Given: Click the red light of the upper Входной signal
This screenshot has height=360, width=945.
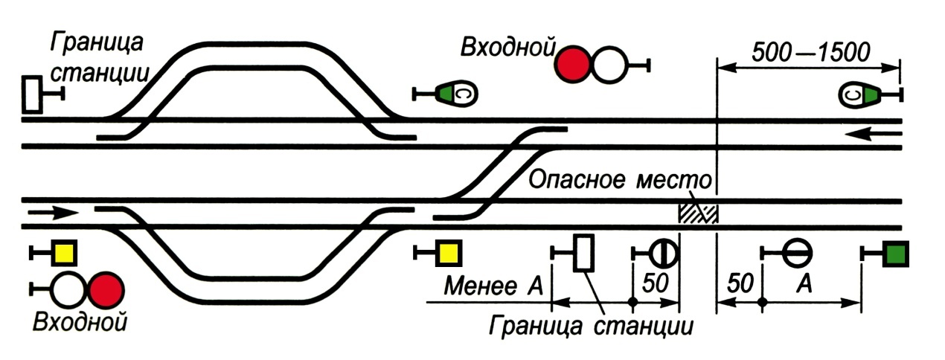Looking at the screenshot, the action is pos(572,65).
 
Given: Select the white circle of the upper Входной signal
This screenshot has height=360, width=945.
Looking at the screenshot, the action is pos(609,65).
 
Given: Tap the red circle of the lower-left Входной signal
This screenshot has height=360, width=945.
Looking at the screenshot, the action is pos(106,290).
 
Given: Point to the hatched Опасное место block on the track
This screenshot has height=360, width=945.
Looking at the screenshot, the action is pos(698,213).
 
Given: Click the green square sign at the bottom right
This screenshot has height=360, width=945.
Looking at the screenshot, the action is pos(896,254).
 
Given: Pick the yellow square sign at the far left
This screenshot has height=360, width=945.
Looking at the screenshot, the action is pos(64,253).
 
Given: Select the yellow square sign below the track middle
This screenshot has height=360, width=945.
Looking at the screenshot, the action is pos(449,253).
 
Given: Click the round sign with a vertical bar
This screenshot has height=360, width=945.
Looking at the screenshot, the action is pos(664,254).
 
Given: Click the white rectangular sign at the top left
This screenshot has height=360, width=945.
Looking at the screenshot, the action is pos(32,94).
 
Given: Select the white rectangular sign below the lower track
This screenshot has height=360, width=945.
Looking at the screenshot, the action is pos(584,253).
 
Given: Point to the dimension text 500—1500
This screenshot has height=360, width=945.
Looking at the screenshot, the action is pos(810,52).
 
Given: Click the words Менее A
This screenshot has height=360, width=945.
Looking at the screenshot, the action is pos(493,286).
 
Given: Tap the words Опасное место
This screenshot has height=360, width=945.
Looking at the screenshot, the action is pos(620,180).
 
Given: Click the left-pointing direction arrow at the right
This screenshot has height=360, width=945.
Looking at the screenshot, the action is pos(874,135).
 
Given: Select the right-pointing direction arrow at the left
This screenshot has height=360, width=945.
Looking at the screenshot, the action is pos(54,212).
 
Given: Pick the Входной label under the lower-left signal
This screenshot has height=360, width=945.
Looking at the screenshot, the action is pos(80,323).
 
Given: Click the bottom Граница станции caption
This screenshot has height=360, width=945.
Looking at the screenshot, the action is pos(591,327).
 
